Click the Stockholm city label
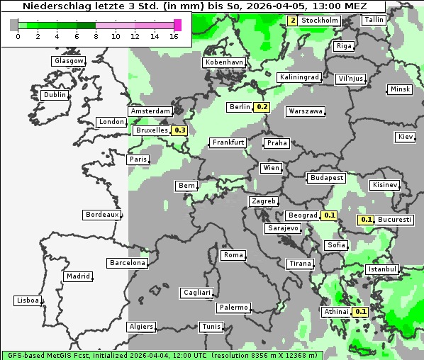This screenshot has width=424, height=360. click(x=320, y=21)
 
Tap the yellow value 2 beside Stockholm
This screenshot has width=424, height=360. click(x=293, y=21)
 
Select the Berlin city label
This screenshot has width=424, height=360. click(x=240, y=107)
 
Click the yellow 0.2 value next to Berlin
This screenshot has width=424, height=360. click(x=262, y=107)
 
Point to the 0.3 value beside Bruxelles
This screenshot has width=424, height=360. click(x=179, y=130)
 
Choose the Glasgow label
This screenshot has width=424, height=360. click(x=69, y=61)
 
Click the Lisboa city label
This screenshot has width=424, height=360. click(x=28, y=300)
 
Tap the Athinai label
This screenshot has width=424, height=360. click(x=337, y=312)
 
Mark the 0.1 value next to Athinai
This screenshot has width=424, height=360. click(x=360, y=312)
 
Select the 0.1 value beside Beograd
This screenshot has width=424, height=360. click(x=329, y=215)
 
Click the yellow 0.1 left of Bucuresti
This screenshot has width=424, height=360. click(x=366, y=220)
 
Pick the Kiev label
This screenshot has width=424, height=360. click(x=406, y=136)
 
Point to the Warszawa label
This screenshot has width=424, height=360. click(x=306, y=111)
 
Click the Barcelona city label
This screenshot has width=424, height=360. click(x=128, y=263)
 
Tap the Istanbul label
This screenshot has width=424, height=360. click(x=382, y=269)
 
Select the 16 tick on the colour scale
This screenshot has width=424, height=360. click(x=174, y=36)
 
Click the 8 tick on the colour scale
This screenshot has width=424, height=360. click(x=96, y=36)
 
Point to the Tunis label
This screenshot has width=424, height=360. click(x=211, y=327)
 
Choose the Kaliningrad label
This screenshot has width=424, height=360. click(x=299, y=77)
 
